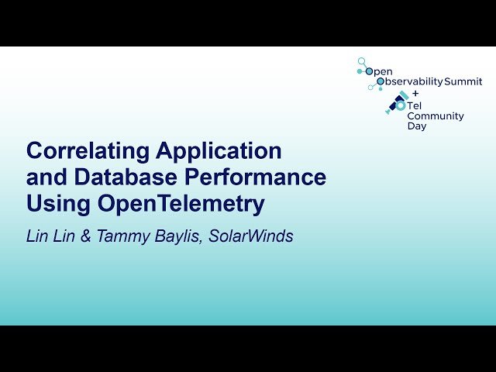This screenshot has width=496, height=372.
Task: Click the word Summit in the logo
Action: (463, 81)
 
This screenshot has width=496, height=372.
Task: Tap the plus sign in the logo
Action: (415, 93)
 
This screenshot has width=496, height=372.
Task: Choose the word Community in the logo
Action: (436, 116)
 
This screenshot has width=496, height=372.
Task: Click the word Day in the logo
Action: (416, 126)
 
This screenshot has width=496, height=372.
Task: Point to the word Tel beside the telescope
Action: (415, 105)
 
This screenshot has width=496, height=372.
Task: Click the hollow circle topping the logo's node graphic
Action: (360, 60)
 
